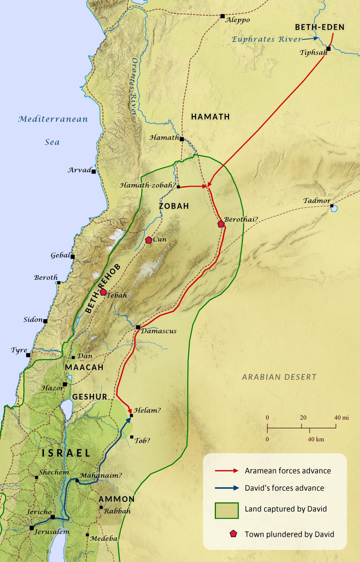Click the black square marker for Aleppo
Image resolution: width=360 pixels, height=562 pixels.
pyautogui.click(x=222, y=16)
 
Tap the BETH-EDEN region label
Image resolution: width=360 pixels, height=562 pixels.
pyautogui.click(x=319, y=27)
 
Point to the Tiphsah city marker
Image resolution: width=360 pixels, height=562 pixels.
pyautogui.click(x=329, y=49)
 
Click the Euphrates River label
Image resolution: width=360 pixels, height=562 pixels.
pyautogui.click(x=267, y=39)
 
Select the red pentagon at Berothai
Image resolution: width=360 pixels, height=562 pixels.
pyautogui.click(x=221, y=224)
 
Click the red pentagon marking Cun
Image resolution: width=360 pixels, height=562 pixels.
pyautogui.click(x=149, y=240)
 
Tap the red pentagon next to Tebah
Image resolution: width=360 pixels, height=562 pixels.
pyautogui.click(x=103, y=292)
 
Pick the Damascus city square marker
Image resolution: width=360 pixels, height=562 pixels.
pyautogui.click(x=138, y=327)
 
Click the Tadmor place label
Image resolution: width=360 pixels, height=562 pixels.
pyautogui.click(x=317, y=201)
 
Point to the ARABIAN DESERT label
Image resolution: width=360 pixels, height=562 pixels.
pyautogui.click(x=279, y=377)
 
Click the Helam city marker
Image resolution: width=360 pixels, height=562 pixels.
pyautogui.click(x=131, y=416)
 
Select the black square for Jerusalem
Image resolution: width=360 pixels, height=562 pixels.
pyautogui.click(x=31, y=528)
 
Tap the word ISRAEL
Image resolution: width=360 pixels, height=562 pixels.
pyautogui.click(x=66, y=453)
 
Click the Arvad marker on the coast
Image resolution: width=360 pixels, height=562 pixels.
pyautogui.click(x=94, y=171)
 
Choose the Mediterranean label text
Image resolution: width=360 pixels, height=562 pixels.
pyautogui.click(x=53, y=119)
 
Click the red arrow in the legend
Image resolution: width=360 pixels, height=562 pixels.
pyautogui.click(x=226, y=471)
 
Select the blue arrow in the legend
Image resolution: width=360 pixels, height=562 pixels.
pyautogui.click(x=226, y=488)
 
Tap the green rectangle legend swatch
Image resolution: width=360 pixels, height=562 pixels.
pyautogui.click(x=226, y=510)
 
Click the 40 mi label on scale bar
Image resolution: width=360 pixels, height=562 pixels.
pyautogui.click(x=341, y=417)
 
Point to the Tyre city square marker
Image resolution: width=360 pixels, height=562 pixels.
pyautogui.click(x=28, y=355)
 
